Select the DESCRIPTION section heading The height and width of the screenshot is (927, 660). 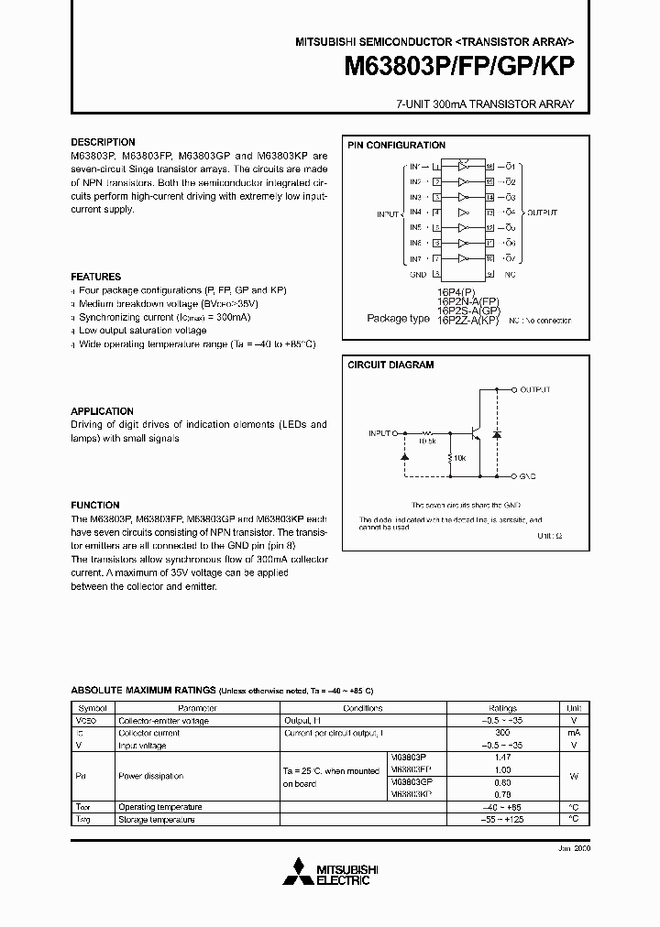tap(103, 143)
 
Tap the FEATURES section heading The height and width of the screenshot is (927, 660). tap(96, 277)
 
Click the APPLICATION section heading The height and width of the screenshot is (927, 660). tap(103, 412)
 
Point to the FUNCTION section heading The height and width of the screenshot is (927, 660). tap(95, 506)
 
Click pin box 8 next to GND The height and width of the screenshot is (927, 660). tap(437, 273)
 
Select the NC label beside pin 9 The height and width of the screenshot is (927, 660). tap(510, 273)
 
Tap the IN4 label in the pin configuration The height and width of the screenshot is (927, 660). tap(415, 213)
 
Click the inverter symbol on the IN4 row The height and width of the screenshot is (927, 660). tap(464, 213)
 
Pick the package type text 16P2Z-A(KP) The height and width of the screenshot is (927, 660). tap(467, 321)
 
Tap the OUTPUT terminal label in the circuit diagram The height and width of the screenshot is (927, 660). tap(535, 389)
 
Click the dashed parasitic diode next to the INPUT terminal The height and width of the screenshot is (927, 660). tap(404, 455)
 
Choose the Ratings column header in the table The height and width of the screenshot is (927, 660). tap(502, 708)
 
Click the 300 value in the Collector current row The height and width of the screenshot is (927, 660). tap(502, 734)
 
